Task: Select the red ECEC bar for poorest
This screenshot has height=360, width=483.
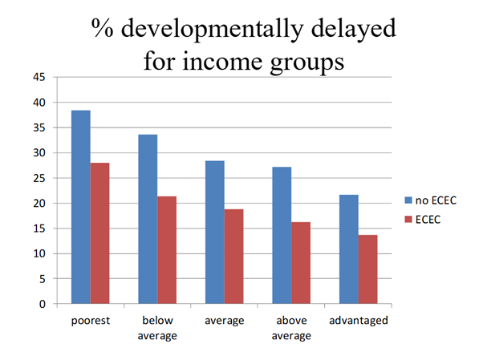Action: tap(99, 233)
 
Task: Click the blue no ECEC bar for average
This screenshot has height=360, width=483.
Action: tap(214, 233)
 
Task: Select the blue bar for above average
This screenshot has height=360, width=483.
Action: tap(282, 236)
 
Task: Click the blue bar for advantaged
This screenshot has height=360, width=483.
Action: tap(348, 249)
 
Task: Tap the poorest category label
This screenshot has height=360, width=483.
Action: tap(90, 321)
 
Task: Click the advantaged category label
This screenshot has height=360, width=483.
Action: tap(358, 321)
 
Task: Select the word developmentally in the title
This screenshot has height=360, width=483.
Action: tap(220, 30)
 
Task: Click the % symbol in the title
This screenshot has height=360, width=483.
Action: tap(103, 30)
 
